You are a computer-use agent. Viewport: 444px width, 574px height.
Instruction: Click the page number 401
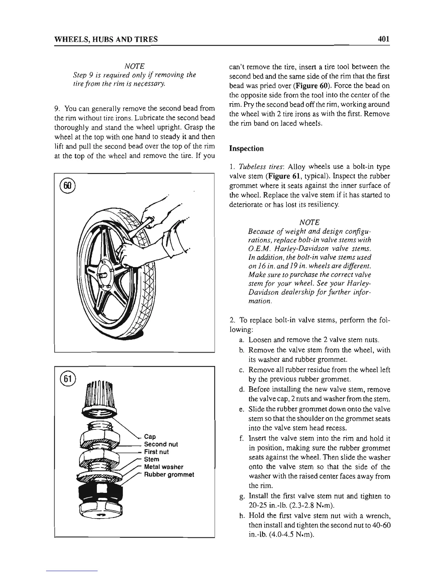(383, 38)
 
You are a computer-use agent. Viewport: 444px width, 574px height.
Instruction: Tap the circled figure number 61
(67, 378)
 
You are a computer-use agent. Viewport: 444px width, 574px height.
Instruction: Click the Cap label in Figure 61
(150, 437)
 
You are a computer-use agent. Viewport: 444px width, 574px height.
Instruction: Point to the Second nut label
(161, 444)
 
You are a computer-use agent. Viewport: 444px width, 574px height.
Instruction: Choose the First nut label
(156, 452)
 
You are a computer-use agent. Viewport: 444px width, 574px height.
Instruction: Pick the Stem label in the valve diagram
(152, 459)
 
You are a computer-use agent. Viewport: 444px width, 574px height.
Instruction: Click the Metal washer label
(164, 467)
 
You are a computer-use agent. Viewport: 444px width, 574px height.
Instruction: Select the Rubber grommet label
(169, 474)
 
